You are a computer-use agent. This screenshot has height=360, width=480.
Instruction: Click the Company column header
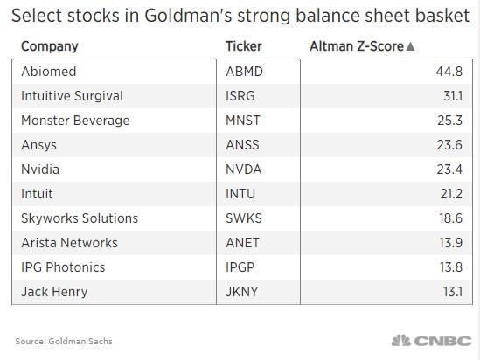coord(49,46)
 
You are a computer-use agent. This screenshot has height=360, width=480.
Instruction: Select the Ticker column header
coord(243,46)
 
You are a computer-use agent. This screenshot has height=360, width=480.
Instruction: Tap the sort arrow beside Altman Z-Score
coord(411,46)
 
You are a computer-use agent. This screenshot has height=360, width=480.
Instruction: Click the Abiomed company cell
coord(48,72)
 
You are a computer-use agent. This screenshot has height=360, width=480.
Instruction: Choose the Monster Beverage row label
coord(75,121)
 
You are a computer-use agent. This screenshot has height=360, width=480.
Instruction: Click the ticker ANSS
coord(242,145)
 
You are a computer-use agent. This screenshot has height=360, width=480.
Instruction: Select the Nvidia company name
coord(40,170)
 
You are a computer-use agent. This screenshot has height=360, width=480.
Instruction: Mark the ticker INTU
coord(241,194)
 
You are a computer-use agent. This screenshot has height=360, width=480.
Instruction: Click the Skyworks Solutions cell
coord(80,218)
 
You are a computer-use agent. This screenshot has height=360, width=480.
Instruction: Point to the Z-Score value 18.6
coord(451,218)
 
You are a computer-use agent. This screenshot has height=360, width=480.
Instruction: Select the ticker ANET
coord(242,243)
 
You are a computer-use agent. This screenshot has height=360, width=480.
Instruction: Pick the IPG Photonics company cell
coord(63,267)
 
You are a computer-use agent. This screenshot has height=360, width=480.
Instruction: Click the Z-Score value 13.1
coord(452,292)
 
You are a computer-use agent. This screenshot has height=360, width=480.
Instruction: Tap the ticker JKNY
coord(242,292)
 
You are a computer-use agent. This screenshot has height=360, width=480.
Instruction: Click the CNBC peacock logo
coord(400,340)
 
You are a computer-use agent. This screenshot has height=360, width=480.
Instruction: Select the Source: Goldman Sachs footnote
coord(64,341)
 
